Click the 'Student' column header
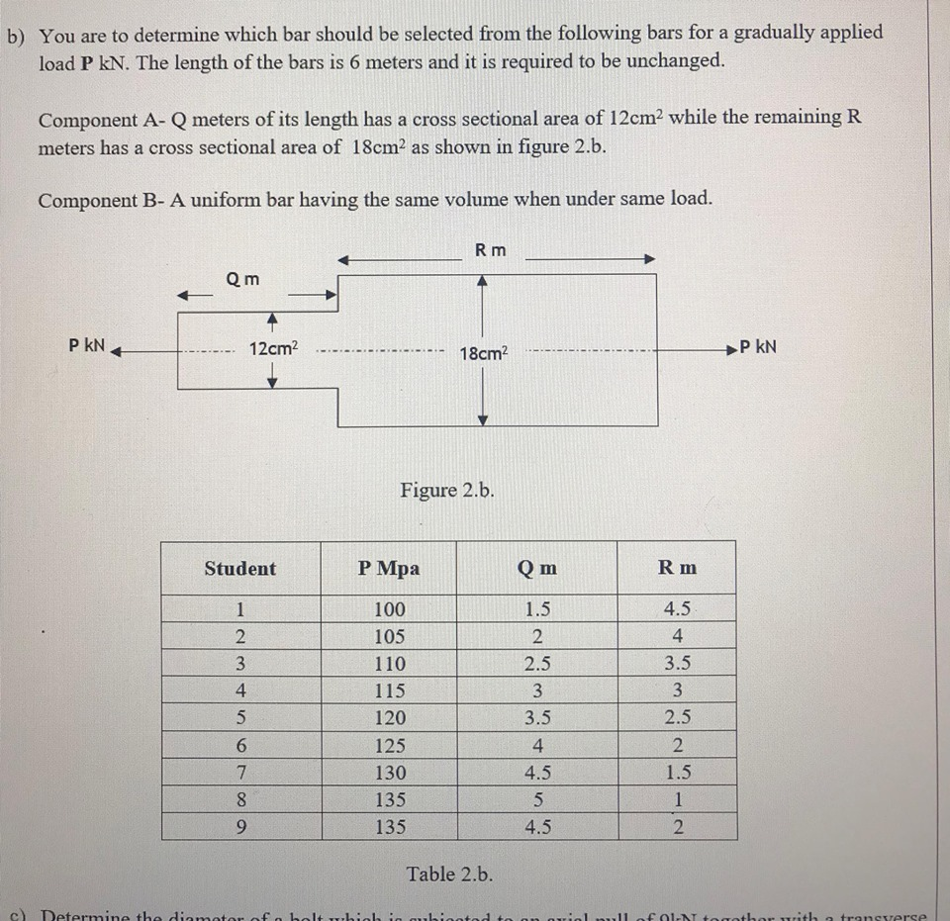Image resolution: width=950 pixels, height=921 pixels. click(239, 569)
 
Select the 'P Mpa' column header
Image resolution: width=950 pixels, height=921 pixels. click(389, 569)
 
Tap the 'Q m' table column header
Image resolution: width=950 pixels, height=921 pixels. click(536, 569)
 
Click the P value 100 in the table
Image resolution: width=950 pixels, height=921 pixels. click(389, 609)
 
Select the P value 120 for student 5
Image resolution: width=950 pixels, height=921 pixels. click(389, 718)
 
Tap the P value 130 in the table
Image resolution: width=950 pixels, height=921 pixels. click(389, 773)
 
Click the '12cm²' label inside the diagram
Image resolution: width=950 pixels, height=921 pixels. click(273, 348)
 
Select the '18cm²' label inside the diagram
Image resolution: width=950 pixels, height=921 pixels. click(484, 353)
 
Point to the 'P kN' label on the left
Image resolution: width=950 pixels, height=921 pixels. click(88, 346)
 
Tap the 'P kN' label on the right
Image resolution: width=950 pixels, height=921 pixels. click(757, 346)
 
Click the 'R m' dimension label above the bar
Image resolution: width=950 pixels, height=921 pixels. click(490, 250)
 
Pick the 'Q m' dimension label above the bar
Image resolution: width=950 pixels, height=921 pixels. click(242, 279)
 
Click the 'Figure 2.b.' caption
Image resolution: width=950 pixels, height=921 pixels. click(447, 491)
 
